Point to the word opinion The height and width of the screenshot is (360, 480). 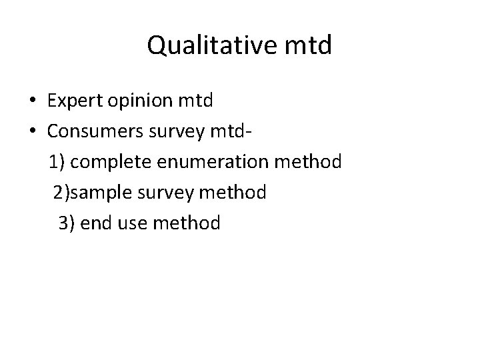click(145, 101)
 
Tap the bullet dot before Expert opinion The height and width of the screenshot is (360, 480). click(32, 101)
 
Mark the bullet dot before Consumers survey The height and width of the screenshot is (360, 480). click(32, 132)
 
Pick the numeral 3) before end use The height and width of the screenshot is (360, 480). click(65, 223)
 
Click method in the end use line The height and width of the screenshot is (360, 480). click(187, 223)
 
